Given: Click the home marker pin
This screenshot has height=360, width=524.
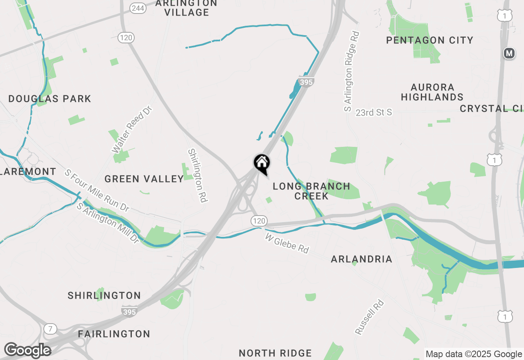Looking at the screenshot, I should [262, 164].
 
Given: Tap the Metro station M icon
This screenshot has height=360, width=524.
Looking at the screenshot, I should [509, 54].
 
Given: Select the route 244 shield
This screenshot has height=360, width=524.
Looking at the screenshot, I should [138, 8].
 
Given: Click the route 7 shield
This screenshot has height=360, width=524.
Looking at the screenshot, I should [50, 328].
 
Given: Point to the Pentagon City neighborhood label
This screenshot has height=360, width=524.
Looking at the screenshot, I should [430, 40].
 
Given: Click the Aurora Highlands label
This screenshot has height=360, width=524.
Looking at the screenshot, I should [432, 92].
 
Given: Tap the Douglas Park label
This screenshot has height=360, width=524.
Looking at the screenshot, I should [50, 99].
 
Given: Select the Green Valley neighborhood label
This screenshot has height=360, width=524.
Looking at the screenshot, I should [144, 179].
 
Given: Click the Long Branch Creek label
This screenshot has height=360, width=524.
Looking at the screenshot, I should [312, 191].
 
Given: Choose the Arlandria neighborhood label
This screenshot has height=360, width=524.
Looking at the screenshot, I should [361, 259].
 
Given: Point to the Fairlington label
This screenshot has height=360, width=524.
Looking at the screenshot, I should [114, 334].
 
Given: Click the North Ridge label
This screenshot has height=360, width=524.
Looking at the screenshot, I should [275, 353].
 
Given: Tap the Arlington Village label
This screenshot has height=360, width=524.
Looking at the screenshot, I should [187, 8].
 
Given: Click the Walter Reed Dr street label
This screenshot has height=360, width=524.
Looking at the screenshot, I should [132, 129].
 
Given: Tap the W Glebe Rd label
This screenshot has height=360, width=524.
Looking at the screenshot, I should [287, 243].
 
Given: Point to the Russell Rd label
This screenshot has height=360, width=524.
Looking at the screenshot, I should [370, 317].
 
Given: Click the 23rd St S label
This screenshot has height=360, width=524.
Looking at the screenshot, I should [374, 112].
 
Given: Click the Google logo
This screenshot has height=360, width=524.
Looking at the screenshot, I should [27, 351].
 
